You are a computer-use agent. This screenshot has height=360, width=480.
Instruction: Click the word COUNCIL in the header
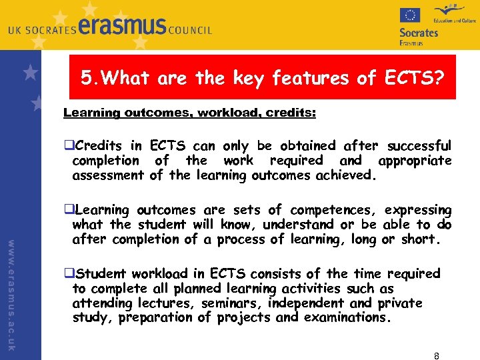tap(190, 30)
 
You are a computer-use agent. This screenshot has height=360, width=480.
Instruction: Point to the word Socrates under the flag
tap(419, 32)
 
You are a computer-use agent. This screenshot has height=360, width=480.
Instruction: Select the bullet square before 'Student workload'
tap(68, 274)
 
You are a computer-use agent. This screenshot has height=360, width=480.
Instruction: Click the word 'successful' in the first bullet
tap(419, 145)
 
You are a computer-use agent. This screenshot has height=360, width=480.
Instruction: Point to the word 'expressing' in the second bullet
tap(419, 211)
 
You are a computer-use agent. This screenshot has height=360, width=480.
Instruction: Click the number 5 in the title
tap(86, 78)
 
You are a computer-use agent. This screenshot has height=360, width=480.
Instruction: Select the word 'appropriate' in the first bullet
tap(415, 161)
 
